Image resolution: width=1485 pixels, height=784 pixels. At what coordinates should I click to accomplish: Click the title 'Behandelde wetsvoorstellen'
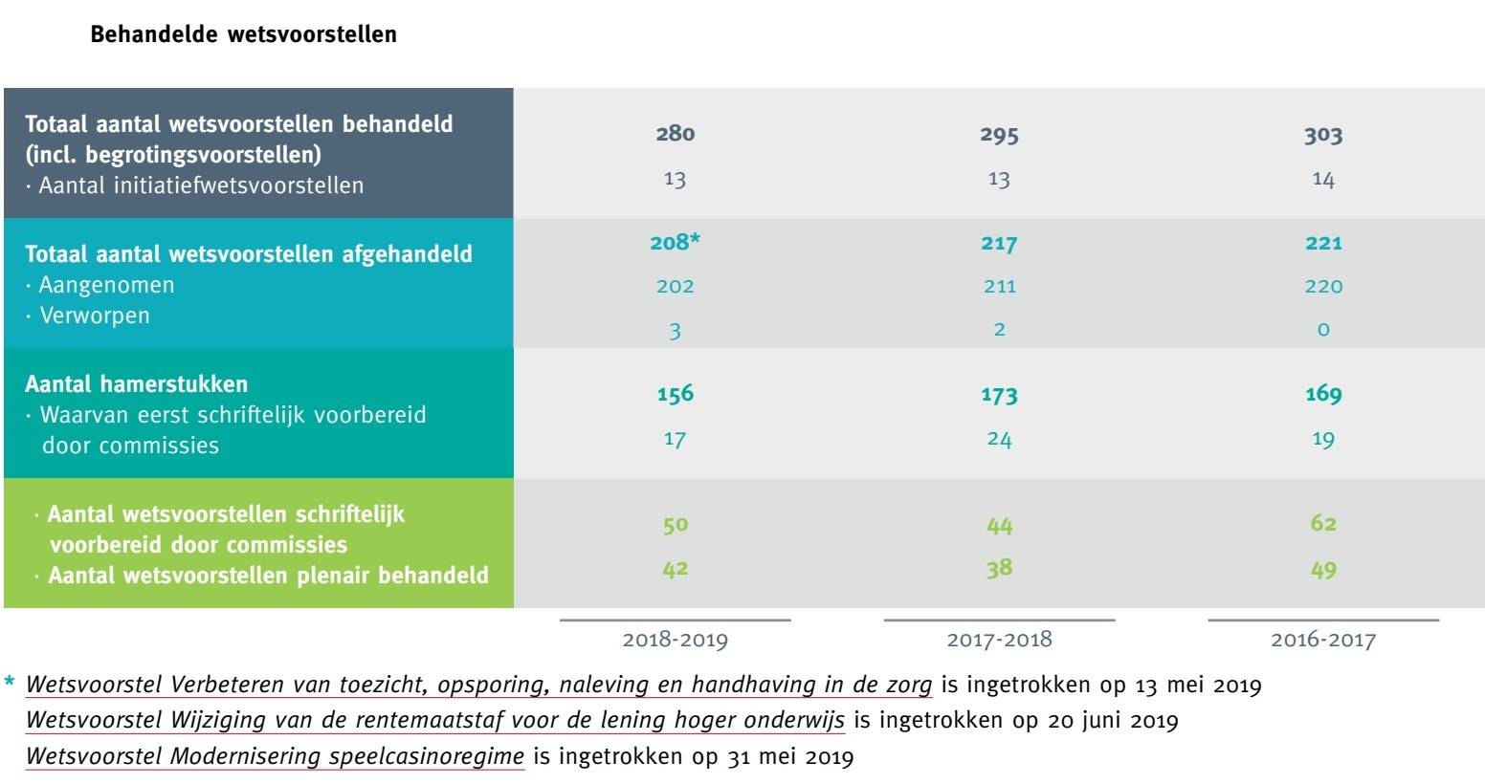coord(243,35)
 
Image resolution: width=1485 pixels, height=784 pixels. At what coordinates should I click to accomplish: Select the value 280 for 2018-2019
coord(675,134)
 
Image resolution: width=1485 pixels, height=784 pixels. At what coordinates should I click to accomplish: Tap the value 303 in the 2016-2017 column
coord(1322,135)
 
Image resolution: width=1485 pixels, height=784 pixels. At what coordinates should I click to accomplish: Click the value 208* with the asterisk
coord(675,243)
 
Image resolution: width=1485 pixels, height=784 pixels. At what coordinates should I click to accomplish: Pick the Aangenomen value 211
coord(999,286)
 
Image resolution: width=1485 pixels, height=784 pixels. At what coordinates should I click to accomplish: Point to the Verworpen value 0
coord(1323,330)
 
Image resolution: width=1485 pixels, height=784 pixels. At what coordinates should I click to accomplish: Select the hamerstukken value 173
coord(999,394)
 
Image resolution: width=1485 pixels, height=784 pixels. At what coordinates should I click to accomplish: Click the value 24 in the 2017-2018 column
coord(999,439)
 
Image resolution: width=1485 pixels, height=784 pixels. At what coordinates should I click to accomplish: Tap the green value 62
coord(1322,524)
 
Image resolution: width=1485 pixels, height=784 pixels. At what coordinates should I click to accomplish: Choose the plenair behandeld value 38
coord(999,569)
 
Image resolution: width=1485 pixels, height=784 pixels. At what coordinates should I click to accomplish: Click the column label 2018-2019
coord(675,640)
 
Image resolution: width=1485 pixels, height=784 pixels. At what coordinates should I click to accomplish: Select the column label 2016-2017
coord(1322,640)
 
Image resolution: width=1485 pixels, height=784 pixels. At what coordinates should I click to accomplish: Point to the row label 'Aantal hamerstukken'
coord(136,384)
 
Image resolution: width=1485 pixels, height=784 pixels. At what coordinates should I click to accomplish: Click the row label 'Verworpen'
coord(94,316)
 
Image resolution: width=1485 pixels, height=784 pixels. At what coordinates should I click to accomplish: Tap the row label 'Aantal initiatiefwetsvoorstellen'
coord(200,185)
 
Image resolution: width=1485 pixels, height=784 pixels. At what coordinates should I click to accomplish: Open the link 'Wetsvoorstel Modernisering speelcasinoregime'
coord(275,757)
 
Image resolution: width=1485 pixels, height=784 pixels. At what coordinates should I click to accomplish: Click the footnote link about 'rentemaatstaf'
coord(434,721)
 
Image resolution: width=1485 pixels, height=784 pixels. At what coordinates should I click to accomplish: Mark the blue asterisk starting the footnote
coord(11,683)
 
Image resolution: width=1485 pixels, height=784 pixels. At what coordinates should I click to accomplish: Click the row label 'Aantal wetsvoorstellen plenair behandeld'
coord(267,576)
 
